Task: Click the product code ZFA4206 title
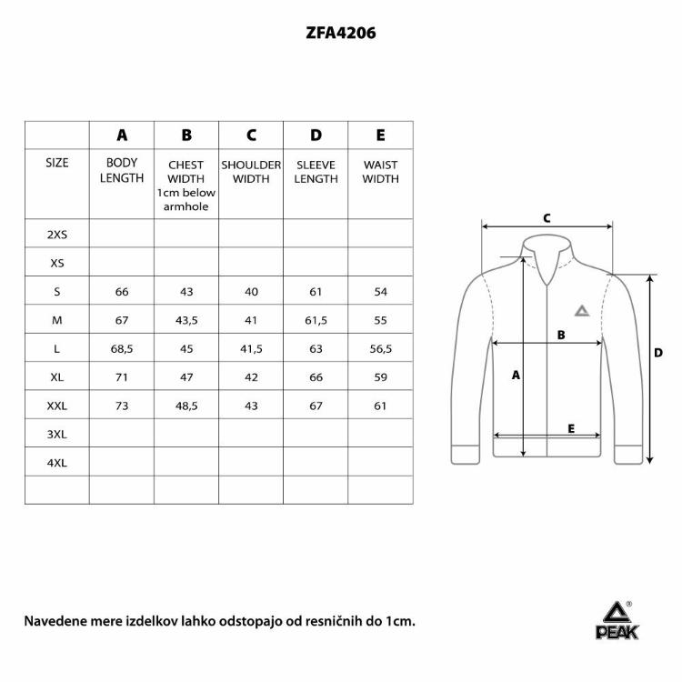point(341,34)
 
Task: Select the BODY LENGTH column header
point(122,171)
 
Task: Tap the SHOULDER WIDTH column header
point(251,172)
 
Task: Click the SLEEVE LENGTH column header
point(316,172)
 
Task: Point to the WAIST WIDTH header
point(380,172)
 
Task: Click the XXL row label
point(57,406)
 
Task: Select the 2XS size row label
point(57,234)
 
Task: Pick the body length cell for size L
point(122,348)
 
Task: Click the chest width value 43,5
point(186,320)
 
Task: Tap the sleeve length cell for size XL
point(316,377)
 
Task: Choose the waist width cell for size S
point(380,291)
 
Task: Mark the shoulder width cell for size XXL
point(251,406)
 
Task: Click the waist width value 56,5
point(380,348)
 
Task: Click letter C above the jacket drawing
point(547,218)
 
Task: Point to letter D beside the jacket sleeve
point(657,353)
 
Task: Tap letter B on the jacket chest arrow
point(561,335)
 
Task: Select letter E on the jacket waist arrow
point(570,427)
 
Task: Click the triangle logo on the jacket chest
point(581,310)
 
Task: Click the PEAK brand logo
point(617,623)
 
